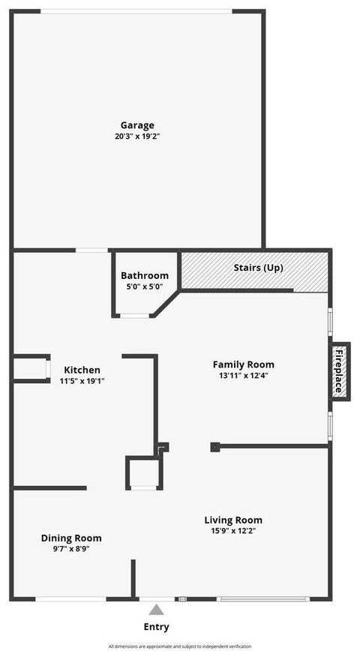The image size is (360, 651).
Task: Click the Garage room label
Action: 137,125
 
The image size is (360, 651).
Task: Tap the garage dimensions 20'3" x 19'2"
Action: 137,136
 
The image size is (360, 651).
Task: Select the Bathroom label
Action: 145,275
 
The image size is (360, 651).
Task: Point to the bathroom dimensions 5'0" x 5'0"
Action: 145,286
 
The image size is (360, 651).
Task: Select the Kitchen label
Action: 82,370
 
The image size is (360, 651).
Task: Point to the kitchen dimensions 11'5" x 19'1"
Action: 82,380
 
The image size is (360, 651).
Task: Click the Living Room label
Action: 233,520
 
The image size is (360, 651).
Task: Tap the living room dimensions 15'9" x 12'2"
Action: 233,530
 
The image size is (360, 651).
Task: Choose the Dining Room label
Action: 71,538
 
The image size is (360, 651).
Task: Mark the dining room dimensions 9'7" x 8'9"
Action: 71,548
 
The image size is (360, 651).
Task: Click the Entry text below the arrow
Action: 156,627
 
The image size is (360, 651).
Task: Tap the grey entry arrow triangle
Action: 156,610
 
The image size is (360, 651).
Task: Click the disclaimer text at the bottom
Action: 180,646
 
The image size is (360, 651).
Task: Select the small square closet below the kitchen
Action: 142,473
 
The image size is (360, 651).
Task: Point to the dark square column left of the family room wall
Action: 215,447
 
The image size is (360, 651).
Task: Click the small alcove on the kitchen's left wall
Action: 31,369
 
